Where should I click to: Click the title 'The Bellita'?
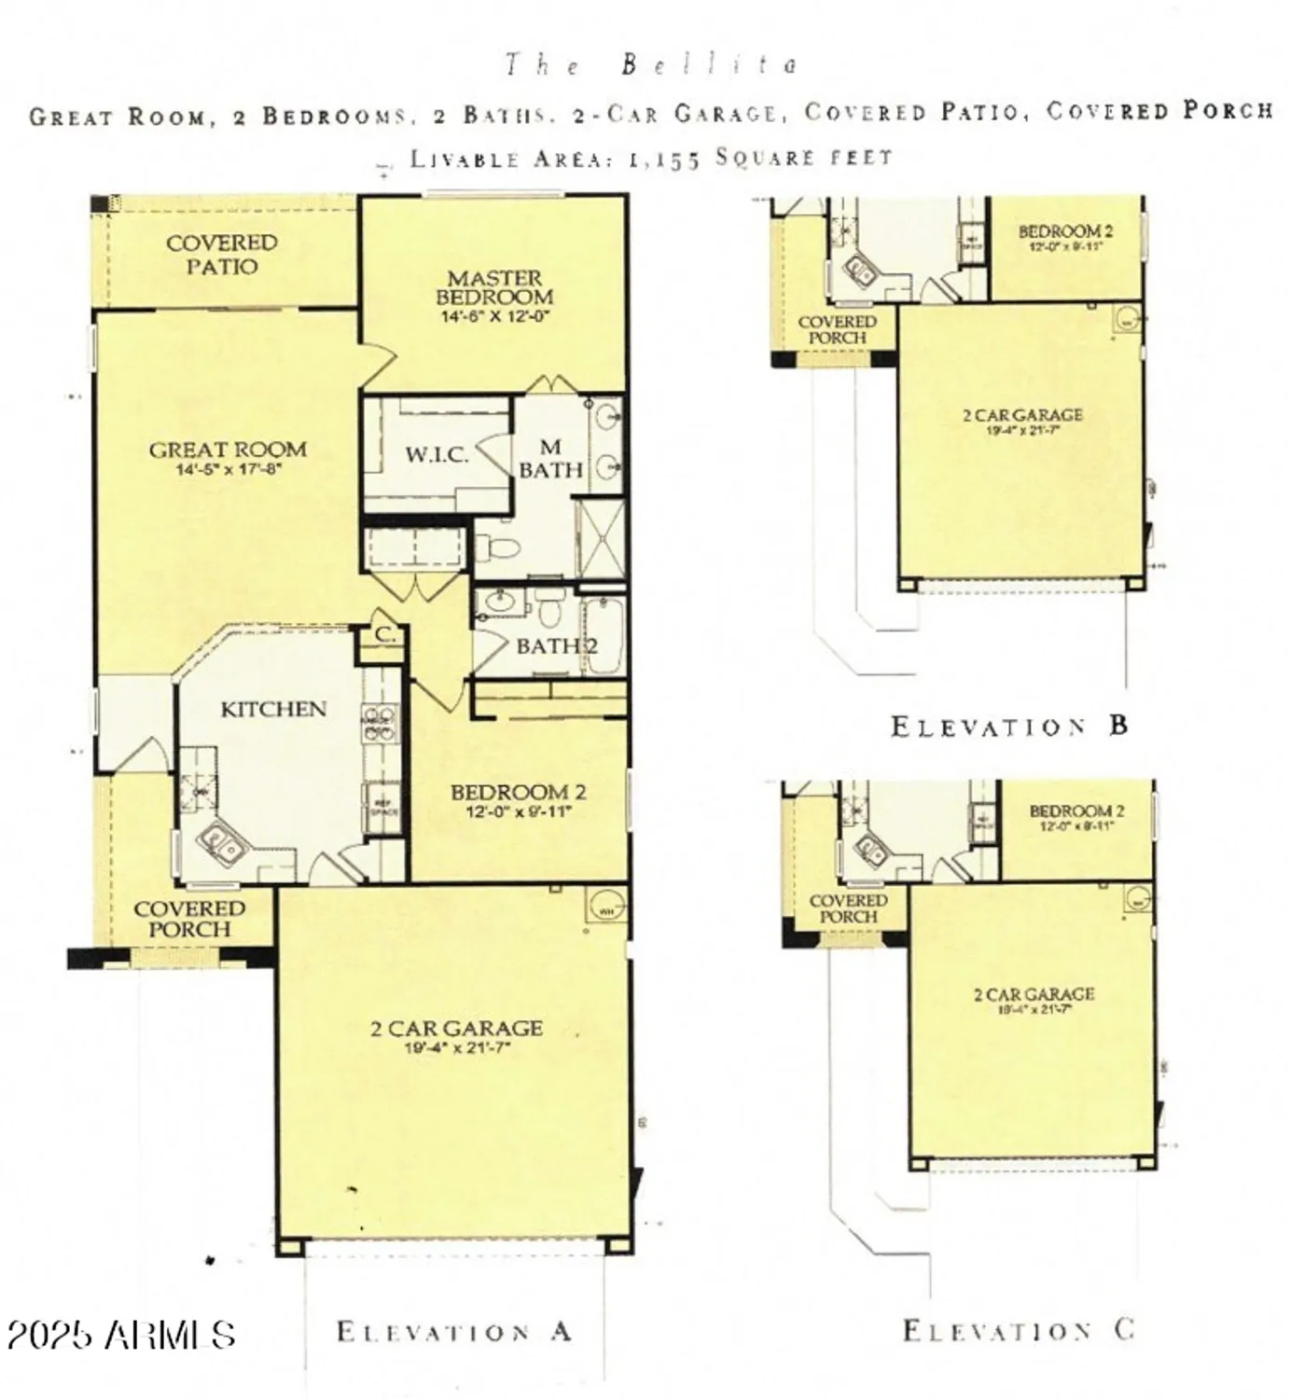click(x=651, y=64)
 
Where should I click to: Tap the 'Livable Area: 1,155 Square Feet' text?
click(x=651, y=158)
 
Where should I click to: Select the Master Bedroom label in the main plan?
click(x=493, y=288)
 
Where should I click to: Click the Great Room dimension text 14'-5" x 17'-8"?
click(x=229, y=470)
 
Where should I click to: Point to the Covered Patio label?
click(x=221, y=255)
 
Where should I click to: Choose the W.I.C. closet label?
click(x=436, y=455)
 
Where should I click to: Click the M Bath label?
click(x=550, y=460)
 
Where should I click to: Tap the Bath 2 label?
click(x=556, y=645)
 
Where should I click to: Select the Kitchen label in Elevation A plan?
click(x=273, y=709)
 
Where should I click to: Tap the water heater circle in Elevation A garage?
click(x=605, y=906)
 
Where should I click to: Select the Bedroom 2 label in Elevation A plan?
click(x=518, y=792)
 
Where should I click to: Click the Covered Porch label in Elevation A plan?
click(x=189, y=919)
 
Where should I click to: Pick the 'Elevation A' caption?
click(x=454, y=1331)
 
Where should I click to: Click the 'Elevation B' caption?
click(x=1009, y=726)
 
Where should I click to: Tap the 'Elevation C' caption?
click(x=1019, y=1330)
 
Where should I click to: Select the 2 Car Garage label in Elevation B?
click(x=1022, y=415)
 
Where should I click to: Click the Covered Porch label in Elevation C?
click(x=848, y=908)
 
